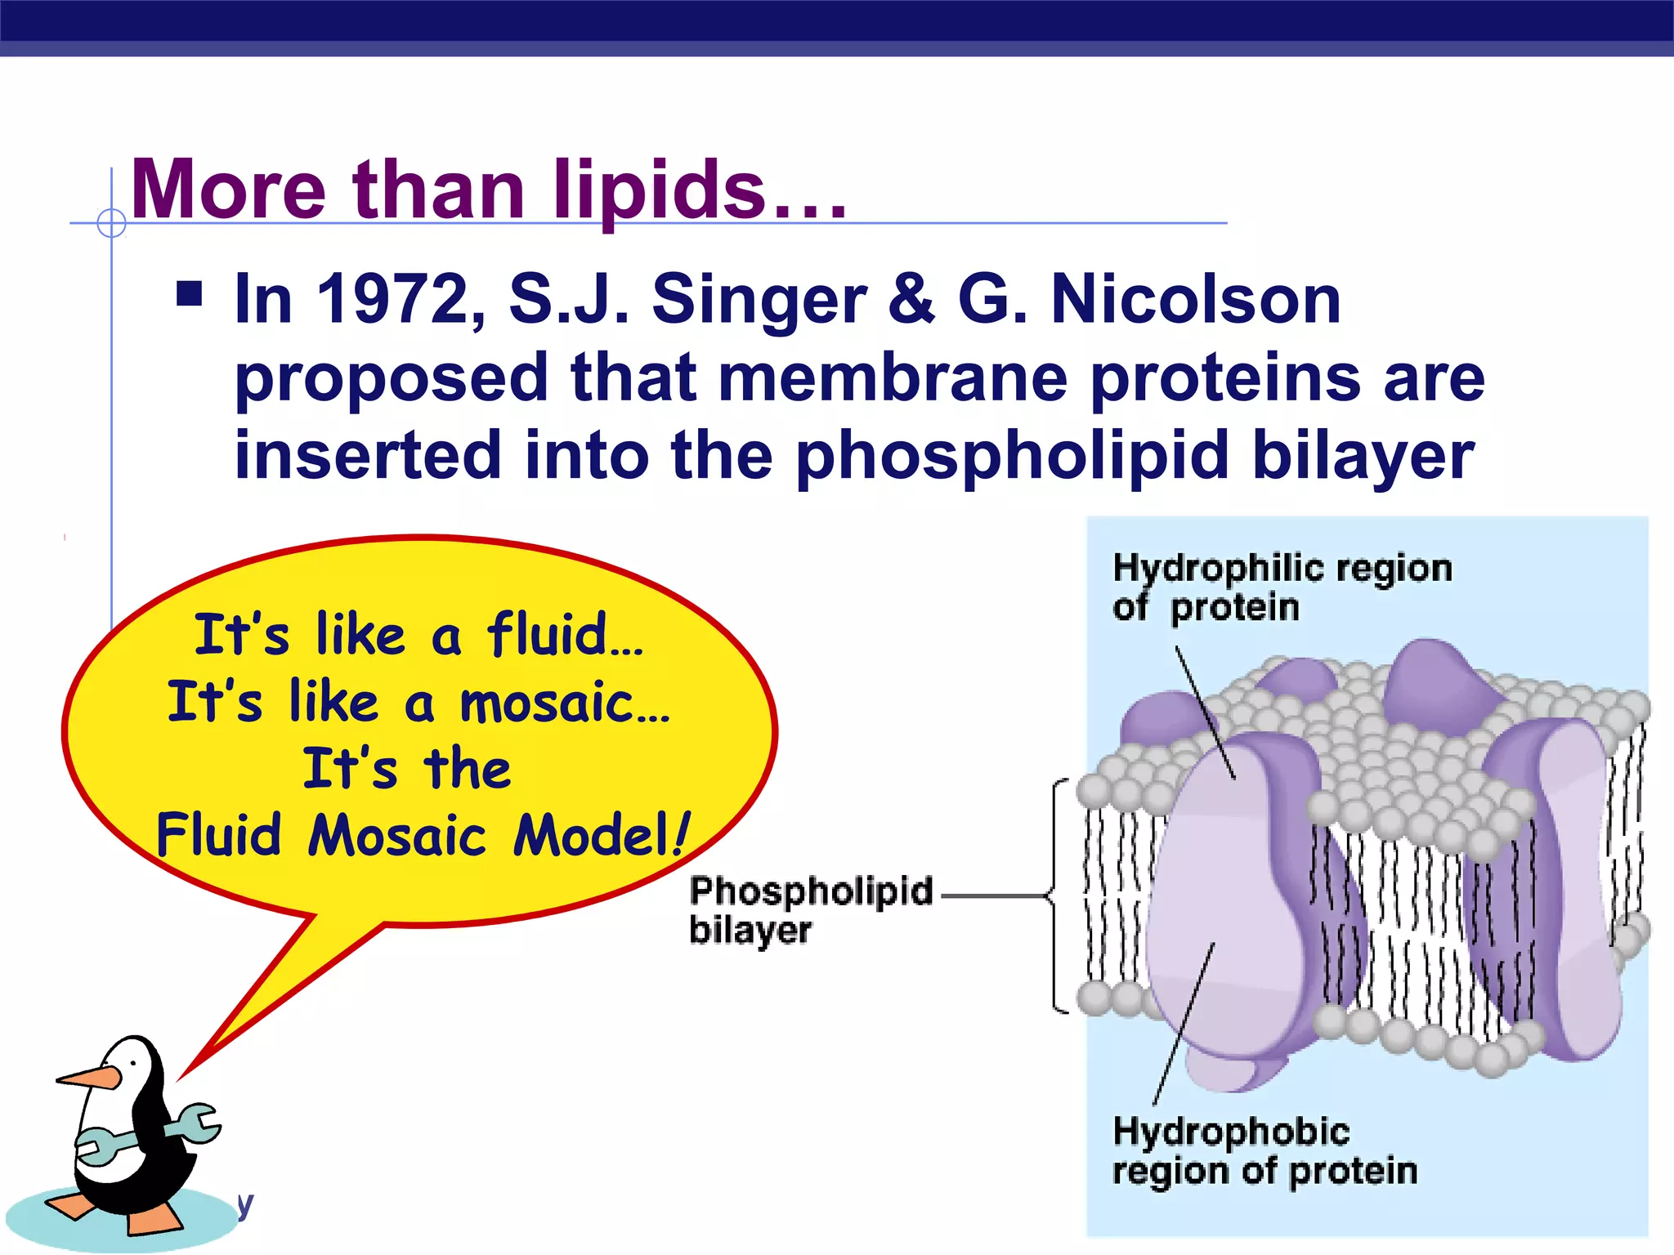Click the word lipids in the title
(x=660, y=190)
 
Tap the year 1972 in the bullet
(x=392, y=299)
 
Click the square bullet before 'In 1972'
(x=189, y=293)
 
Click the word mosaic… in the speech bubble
(x=564, y=703)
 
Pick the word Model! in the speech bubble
(x=602, y=835)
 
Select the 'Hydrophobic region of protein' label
(x=1263, y=1151)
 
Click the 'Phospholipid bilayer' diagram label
(x=809, y=909)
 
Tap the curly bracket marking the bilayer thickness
(x=1057, y=896)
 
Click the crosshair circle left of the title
(x=111, y=222)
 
